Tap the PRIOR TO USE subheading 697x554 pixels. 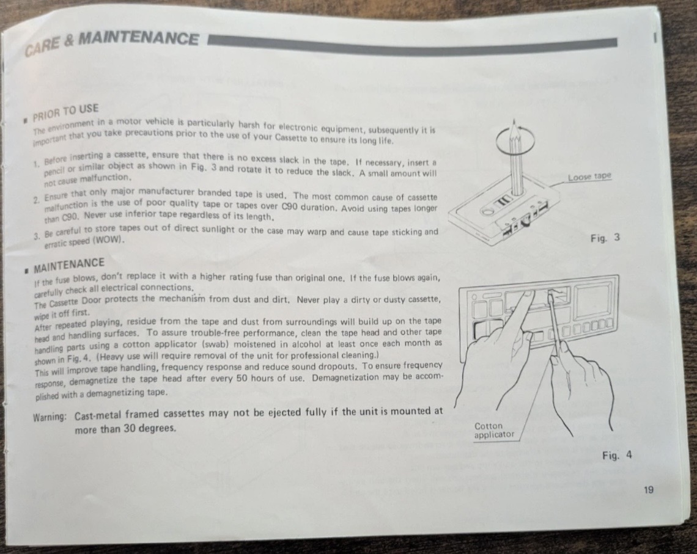66,113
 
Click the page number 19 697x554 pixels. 648,490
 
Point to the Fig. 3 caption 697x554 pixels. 605,238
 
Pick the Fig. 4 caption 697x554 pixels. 616,456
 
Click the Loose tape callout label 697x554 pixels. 589,177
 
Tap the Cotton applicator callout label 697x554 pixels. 494,430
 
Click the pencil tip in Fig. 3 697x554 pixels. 514,121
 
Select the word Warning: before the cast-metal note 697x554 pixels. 50,417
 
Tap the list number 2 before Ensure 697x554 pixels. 36,200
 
